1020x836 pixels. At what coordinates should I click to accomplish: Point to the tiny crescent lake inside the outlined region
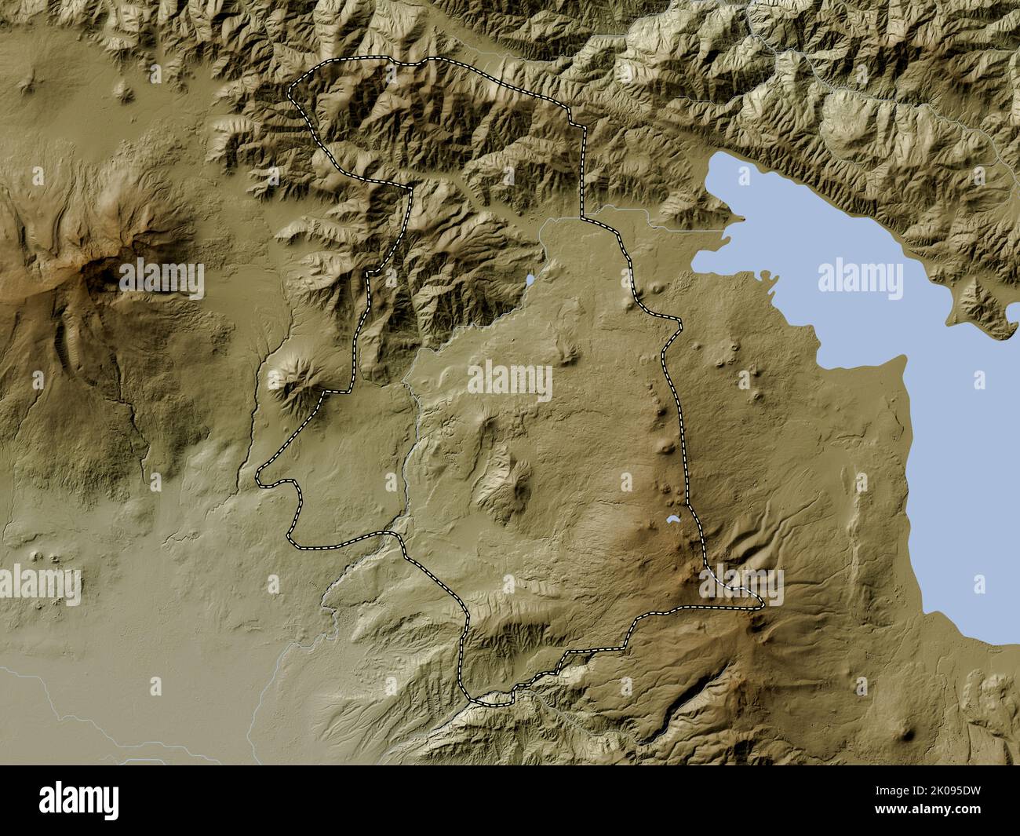pos(673,520)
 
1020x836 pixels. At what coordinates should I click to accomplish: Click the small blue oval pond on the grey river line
pos(530,279)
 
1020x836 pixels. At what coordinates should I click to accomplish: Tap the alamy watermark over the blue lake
pos(860,279)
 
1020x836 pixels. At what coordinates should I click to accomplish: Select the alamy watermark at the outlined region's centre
pos(510,381)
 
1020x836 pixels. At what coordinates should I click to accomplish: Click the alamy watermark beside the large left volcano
pos(161,279)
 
